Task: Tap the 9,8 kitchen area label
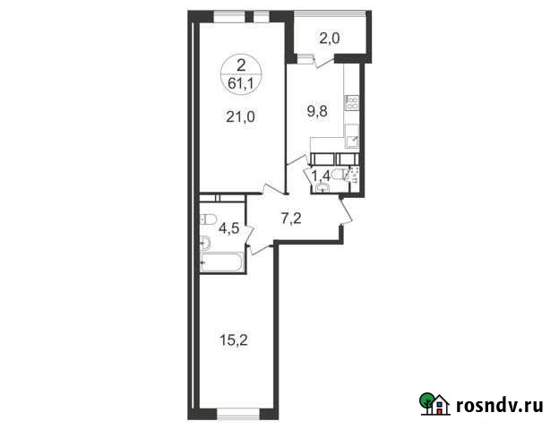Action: pyautogui.click(x=319, y=113)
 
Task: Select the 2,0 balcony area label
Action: pyautogui.click(x=331, y=38)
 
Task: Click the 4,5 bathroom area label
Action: pyautogui.click(x=228, y=227)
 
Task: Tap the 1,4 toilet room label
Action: pyautogui.click(x=320, y=175)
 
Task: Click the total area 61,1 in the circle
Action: pyautogui.click(x=240, y=78)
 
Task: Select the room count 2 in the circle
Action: pyautogui.click(x=240, y=64)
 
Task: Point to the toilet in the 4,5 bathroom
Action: pyautogui.click(x=209, y=219)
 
